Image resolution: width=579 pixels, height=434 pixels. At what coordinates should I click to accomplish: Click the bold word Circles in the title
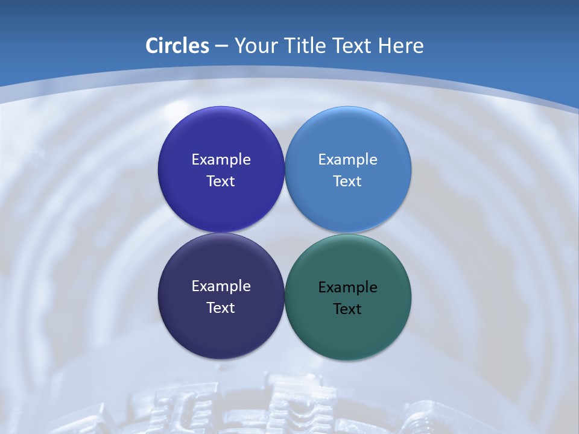pos(177,46)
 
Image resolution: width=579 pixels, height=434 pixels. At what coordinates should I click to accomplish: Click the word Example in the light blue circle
pos(348,160)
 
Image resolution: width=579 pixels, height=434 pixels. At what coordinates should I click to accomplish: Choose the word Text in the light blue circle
pos(348,181)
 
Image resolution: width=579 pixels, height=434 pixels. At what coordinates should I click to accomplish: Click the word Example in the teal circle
pos(348,288)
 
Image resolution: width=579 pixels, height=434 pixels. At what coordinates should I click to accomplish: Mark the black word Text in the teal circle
pos(348,309)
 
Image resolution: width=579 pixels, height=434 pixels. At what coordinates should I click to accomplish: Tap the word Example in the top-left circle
pos(221,160)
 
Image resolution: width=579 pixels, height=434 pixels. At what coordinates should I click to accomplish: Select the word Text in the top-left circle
pos(221,181)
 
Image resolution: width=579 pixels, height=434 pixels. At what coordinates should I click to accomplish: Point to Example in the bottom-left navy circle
pos(221,286)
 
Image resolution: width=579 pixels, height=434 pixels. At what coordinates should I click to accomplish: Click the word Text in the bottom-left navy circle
pos(221,308)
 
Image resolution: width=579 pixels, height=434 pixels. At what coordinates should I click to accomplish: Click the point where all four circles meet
pos(285,233)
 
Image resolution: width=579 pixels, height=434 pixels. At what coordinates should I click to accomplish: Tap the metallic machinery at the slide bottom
pos(289,404)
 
